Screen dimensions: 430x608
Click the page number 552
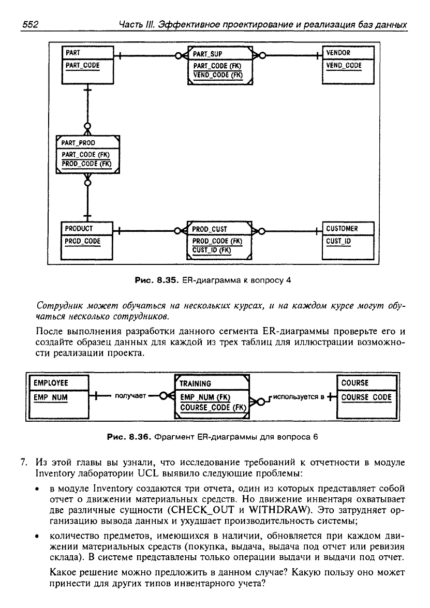[30, 25]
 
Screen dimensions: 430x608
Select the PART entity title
[73, 53]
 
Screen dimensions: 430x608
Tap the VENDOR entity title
[338, 53]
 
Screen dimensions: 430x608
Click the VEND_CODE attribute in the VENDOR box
[344, 66]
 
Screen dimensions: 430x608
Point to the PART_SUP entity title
[207, 54]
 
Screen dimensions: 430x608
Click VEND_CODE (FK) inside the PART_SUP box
[218, 75]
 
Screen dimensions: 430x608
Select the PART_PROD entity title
[78, 143]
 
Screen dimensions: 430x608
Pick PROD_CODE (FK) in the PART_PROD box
[86, 164]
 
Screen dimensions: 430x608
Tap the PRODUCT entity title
[79, 229]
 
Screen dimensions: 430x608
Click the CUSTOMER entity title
[342, 229]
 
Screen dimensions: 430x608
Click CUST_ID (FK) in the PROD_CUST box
[212, 250]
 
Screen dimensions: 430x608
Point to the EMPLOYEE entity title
[51, 383]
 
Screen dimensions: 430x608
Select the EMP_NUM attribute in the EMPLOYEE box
[50, 397]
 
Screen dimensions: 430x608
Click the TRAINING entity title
[196, 384]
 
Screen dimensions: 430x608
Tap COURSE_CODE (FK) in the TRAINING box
[213, 408]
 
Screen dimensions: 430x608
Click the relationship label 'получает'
[130, 396]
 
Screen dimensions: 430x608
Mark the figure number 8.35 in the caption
[167, 280]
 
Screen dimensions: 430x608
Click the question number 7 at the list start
[24, 463]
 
